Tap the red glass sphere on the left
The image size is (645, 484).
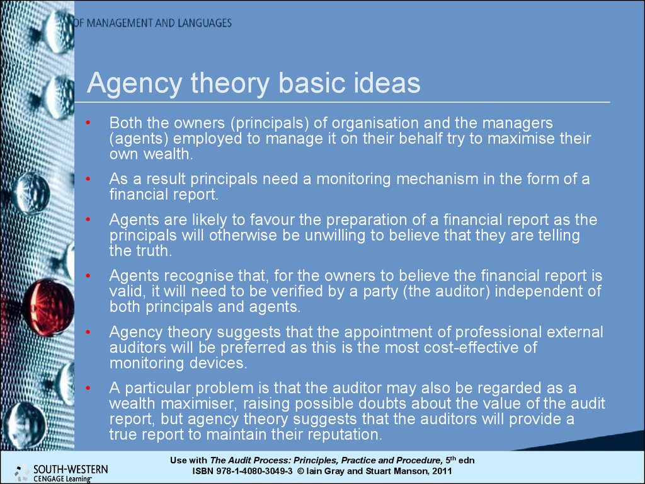[x=48, y=307]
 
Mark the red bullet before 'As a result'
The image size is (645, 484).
[x=88, y=179]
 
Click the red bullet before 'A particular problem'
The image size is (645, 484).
[x=88, y=388]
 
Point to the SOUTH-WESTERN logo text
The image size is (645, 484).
[x=71, y=469]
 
